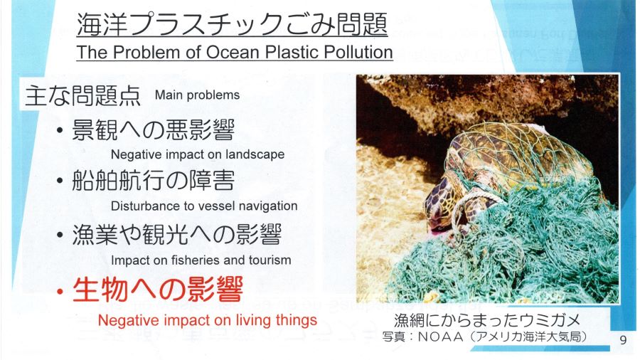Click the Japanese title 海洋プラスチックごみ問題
tap(232, 24)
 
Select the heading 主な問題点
tap(83, 95)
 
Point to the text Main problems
tap(197, 95)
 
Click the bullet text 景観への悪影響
tap(154, 129)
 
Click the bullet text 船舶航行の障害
tap(154, 181)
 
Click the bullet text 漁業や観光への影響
tap(177, 235)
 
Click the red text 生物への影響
tap(158, 289)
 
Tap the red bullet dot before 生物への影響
tap(60, 292)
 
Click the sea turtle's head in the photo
tap(442, 204)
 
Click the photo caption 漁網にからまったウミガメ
tap(487, 320)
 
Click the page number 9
tap(623, 339)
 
